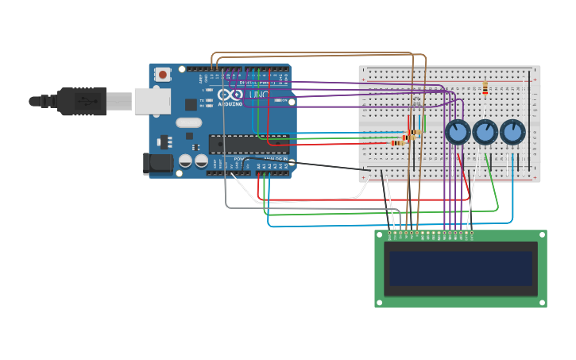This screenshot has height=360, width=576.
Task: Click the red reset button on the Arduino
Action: click(163, 75)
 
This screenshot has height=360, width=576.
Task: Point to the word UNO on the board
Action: click(259, 95)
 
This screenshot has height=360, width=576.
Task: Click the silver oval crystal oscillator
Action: click(189, 122)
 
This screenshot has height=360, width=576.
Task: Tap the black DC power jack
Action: click(157, 163)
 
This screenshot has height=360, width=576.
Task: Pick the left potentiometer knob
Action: click(458, 131)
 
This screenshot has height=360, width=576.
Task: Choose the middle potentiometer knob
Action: click(485, 131)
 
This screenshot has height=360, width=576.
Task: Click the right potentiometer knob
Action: click(512, 131)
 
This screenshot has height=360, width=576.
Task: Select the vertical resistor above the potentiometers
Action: click(485, 88)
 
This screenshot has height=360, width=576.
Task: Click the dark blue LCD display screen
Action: click(460, 269)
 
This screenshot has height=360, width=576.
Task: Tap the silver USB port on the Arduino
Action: click(152, 101)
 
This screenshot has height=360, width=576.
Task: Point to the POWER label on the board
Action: click(240, 159)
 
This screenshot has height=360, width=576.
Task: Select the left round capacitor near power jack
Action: click(185, 161)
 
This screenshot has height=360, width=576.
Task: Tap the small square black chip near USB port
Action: click(191, 105)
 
